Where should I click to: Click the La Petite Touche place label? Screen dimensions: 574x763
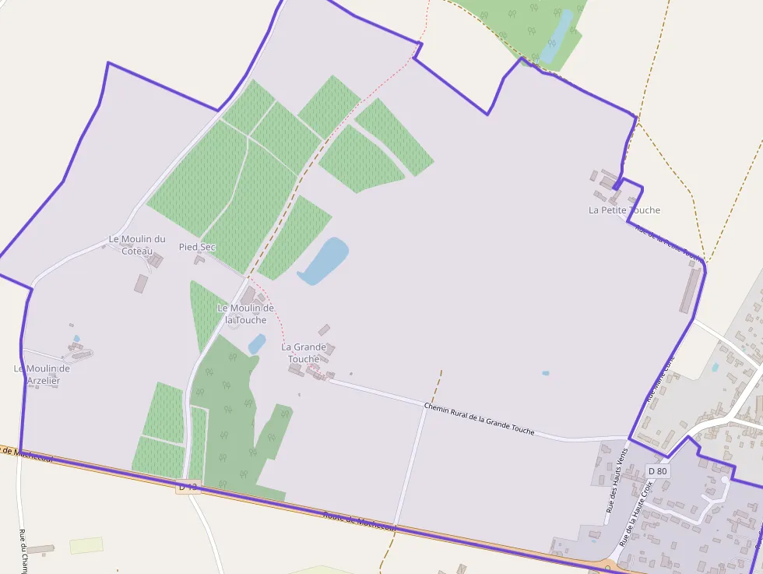click(x=624, y=210)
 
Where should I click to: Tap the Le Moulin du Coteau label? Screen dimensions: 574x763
click(x=137, y=244)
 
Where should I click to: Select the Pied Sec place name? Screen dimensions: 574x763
click(x=197, y=247)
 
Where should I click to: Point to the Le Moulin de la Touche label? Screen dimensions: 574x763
click(x=245, y=314)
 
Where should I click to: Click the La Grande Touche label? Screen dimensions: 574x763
click(x=304, y=352)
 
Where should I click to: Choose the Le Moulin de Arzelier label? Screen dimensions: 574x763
click(x=42, y=374)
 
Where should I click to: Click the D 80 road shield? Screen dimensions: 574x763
click(x=657, y=470)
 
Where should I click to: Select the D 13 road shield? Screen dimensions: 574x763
click(x=188, y=487)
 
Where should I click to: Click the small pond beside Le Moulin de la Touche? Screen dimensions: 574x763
click(x=256, y=343)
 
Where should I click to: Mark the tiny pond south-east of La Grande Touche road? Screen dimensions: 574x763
click(x=545, y=373)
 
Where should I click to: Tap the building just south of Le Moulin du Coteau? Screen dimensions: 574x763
click(x=141, y=283)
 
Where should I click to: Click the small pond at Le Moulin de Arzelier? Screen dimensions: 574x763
click(x=76, y=340)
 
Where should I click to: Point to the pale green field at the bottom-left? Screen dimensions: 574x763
click(x=86, y=545)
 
